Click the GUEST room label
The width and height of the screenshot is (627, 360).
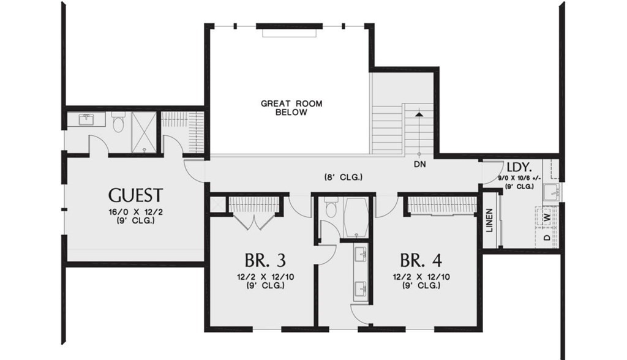[x=135, y=195]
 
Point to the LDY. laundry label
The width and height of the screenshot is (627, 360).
[x=519, y=167]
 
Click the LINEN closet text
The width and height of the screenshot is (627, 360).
[x=489, y=221]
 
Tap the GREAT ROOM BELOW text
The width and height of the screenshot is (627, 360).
[x=291, y=108]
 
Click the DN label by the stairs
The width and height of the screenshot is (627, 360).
[x=419, y=164]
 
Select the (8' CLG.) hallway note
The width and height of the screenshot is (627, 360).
[x=343, y=178]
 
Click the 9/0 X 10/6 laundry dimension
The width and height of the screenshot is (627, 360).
[x=520, y=178]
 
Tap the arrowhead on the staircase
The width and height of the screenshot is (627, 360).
[x=419, y=113]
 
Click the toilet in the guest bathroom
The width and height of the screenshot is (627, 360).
[x=118, y=124]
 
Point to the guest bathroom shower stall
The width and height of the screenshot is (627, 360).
[x=143, y=132]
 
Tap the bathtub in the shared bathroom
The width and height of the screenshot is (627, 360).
[x=355, y=217]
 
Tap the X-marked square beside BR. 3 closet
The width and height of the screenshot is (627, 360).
[x=215, y=204]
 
